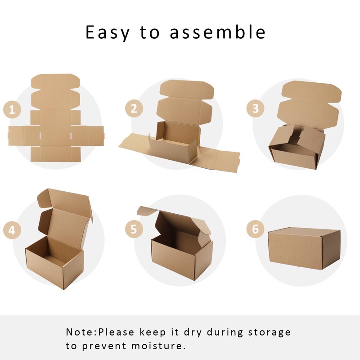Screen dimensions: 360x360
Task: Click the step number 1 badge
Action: tap(13, 109)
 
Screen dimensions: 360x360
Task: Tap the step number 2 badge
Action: tap(134, 108)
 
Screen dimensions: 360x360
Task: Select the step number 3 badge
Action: tap(256, 108)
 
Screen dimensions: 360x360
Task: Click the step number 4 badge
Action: tap(12, 230)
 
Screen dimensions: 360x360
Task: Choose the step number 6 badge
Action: tap(256, 229)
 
